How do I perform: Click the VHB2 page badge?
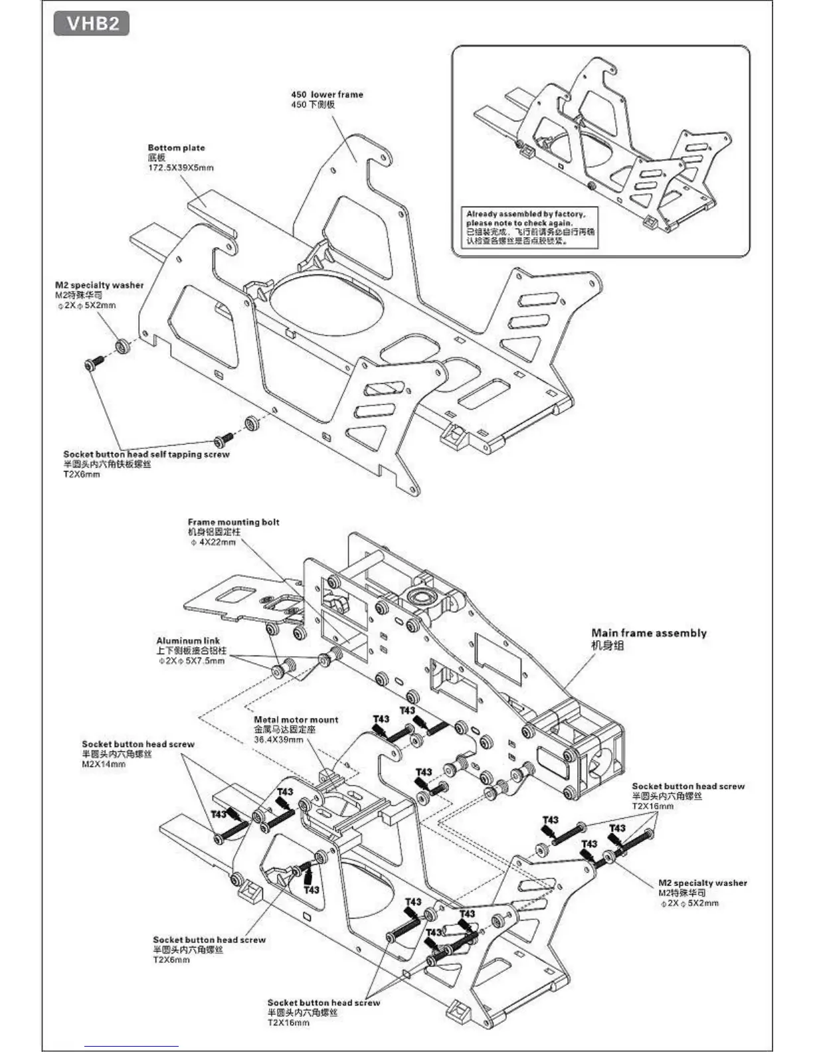click(92, 23)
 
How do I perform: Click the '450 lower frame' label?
click(327, 94)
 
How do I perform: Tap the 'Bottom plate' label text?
click(176, 147)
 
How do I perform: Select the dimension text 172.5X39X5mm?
click(180, 168)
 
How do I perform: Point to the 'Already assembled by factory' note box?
click(531, 228)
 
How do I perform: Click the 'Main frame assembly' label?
click(649, 633)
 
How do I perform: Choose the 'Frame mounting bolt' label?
click(233, 522)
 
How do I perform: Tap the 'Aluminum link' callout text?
click(188, 641)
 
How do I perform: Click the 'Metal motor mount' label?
click(296, 719)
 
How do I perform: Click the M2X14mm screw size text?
click(103, 764)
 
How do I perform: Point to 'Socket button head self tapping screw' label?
click(146, 454)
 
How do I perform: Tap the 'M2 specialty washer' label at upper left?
click(99, 285)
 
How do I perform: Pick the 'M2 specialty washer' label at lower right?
click(702, 883)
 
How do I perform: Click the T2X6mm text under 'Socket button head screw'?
click(171, 960)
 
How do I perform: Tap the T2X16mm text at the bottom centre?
click(288, 1023)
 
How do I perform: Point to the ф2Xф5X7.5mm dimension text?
click(191, 661)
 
